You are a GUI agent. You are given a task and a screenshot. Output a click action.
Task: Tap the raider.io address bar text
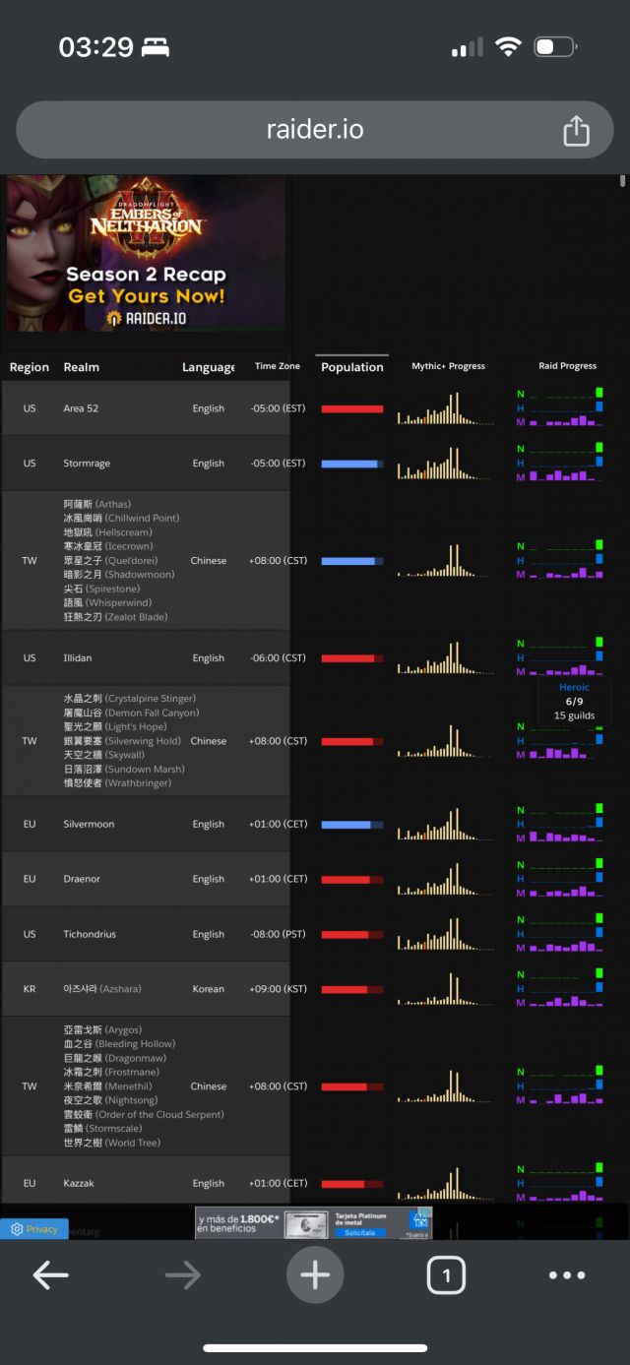point(315,130)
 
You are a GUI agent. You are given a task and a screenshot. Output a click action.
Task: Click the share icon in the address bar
point(576,131)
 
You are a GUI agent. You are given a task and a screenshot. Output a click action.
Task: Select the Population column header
point(352,367)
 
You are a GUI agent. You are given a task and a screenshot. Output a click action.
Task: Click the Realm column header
point(82,367)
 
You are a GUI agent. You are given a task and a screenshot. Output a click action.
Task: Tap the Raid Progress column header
point(567,366)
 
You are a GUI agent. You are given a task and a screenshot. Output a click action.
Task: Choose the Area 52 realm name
point(81,408)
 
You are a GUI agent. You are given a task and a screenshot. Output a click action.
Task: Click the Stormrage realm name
point(87,464)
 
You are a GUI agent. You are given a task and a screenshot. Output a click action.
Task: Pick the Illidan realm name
point(78,657)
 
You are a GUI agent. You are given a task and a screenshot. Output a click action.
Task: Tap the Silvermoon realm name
point(89,824)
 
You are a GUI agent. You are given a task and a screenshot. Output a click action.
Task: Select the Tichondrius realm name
point(90,934)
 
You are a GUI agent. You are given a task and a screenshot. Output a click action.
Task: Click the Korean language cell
point(208,989)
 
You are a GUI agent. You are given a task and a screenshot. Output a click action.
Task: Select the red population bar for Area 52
point(351,408)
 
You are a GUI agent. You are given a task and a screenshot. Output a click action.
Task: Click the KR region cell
point(30,989)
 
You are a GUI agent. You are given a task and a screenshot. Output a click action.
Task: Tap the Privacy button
point(34,1229)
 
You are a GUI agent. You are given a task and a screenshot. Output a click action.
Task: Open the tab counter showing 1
point(446,1276)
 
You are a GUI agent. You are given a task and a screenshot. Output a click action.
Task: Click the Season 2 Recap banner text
point(146,275)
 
